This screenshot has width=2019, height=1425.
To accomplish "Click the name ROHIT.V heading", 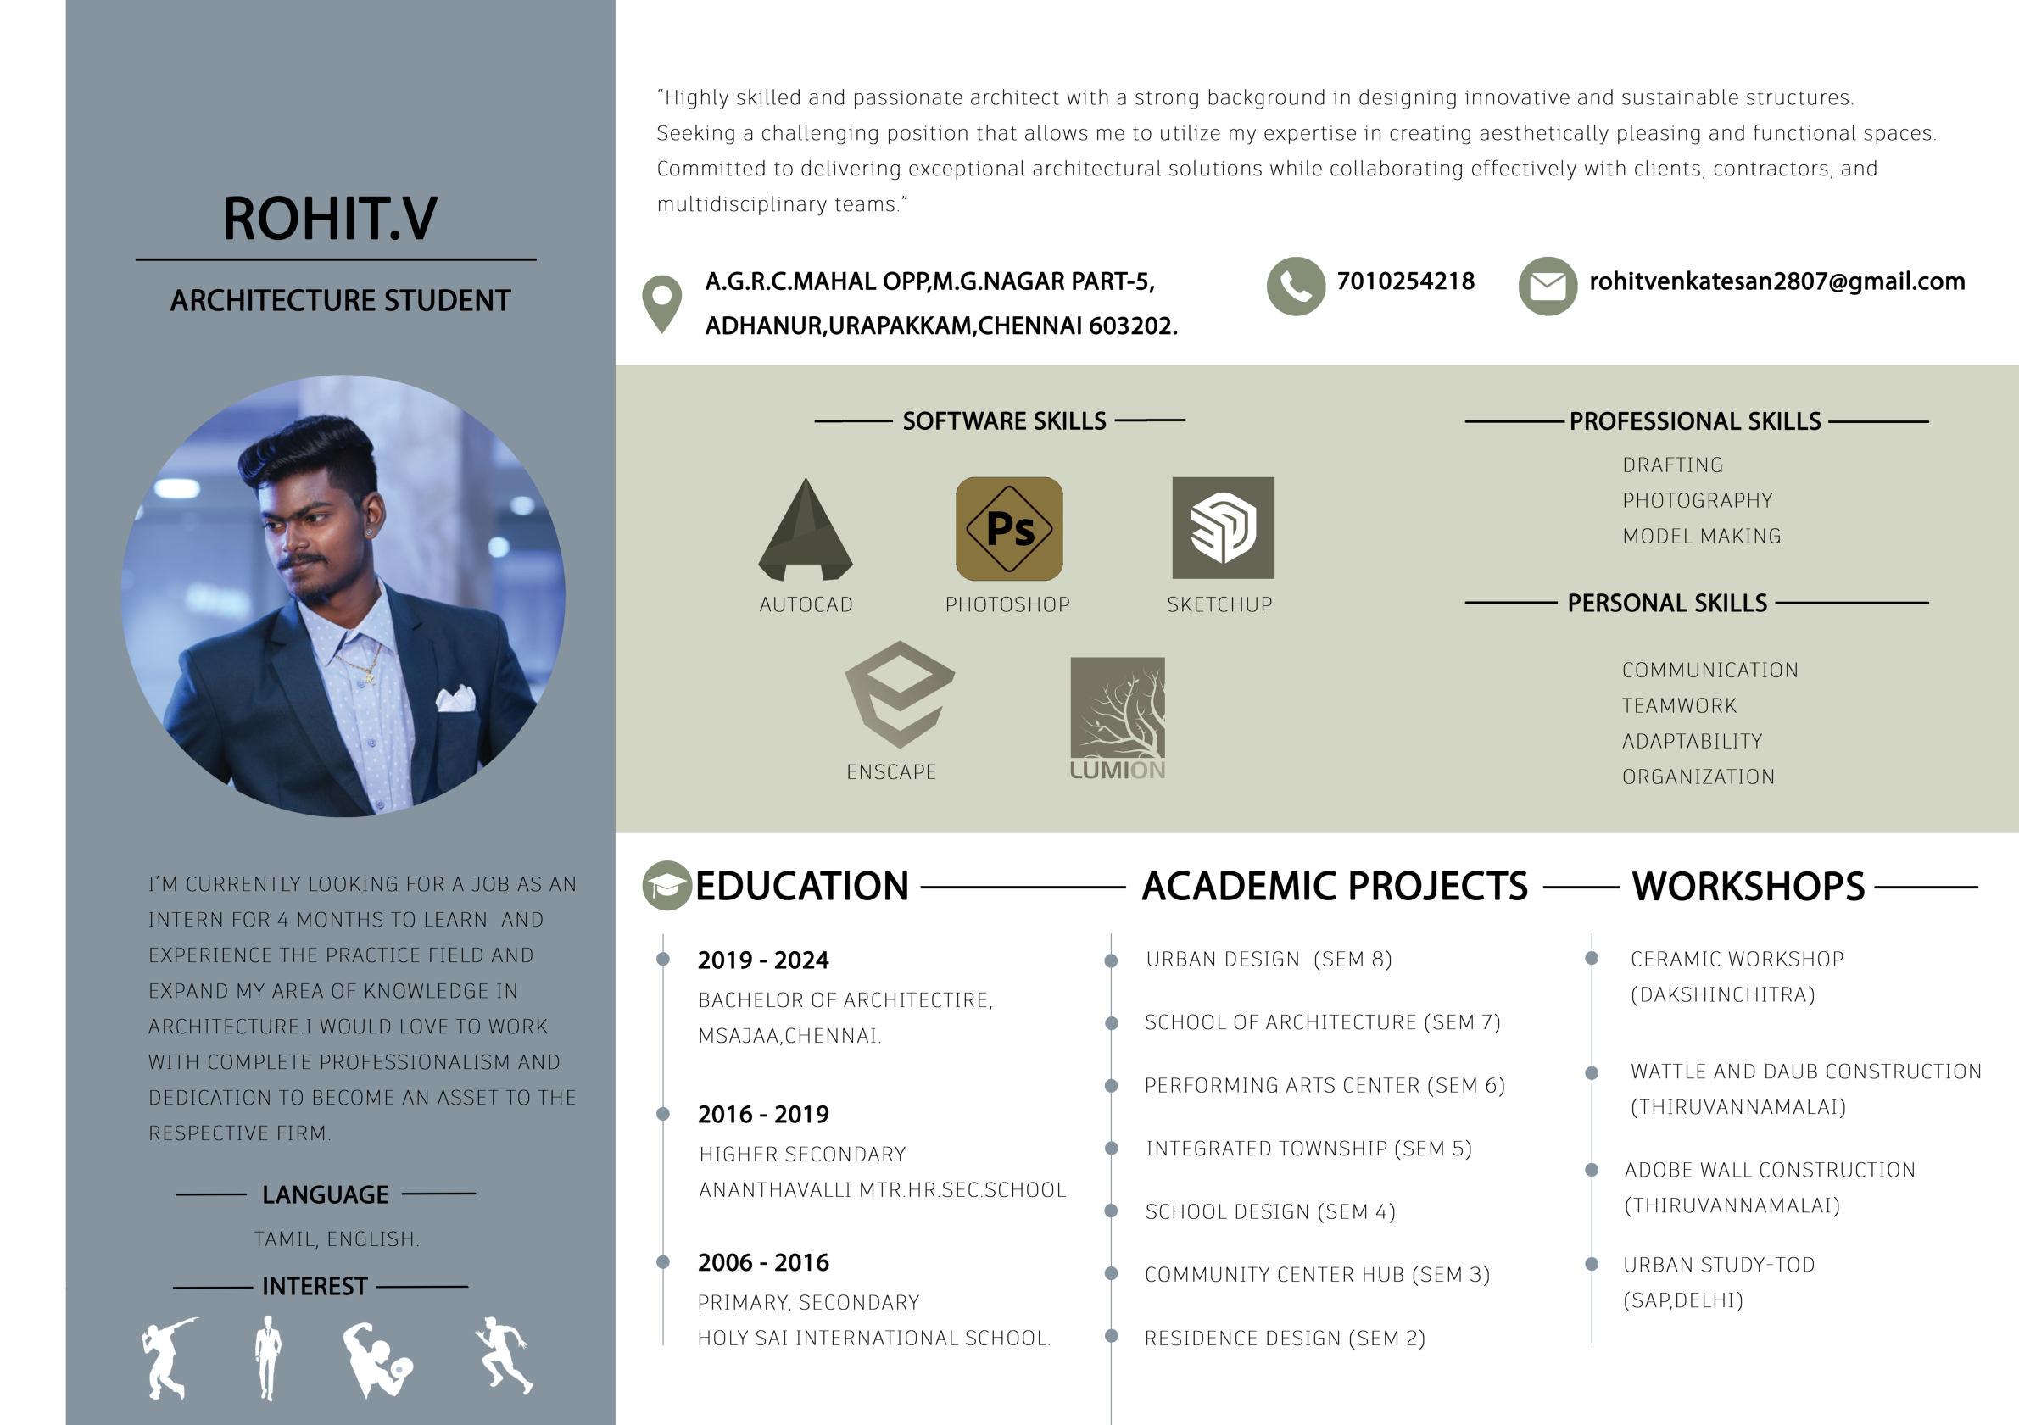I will [330, 218].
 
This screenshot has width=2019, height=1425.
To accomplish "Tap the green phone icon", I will [1296, 286].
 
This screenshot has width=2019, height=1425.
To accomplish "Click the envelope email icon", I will [1548, 286].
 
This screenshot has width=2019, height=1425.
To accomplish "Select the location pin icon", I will [662, 303].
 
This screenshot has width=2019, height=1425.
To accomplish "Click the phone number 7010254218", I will [1405, 281].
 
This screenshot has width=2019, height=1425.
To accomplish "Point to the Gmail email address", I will [1776, 281].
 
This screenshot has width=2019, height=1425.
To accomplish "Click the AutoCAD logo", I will [806, 529].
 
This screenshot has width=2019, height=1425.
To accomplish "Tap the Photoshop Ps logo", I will [1008, 528].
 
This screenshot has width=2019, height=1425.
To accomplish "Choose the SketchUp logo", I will [1222, 527].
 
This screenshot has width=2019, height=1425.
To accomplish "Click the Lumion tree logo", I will [1117, 708].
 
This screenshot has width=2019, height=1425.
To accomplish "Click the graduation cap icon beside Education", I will [666, 885].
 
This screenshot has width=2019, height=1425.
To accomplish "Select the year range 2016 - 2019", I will [763, 1115].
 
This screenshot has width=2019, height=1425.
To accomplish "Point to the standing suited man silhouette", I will [267, 1356].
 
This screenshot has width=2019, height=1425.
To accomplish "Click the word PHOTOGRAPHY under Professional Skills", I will [1697, 500].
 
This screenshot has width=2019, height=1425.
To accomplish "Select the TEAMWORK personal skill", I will [1679, 706].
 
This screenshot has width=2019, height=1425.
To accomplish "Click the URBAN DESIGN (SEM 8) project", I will [1268, 959].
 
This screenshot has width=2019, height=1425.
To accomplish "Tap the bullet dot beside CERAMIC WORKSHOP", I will [1592, 957].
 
